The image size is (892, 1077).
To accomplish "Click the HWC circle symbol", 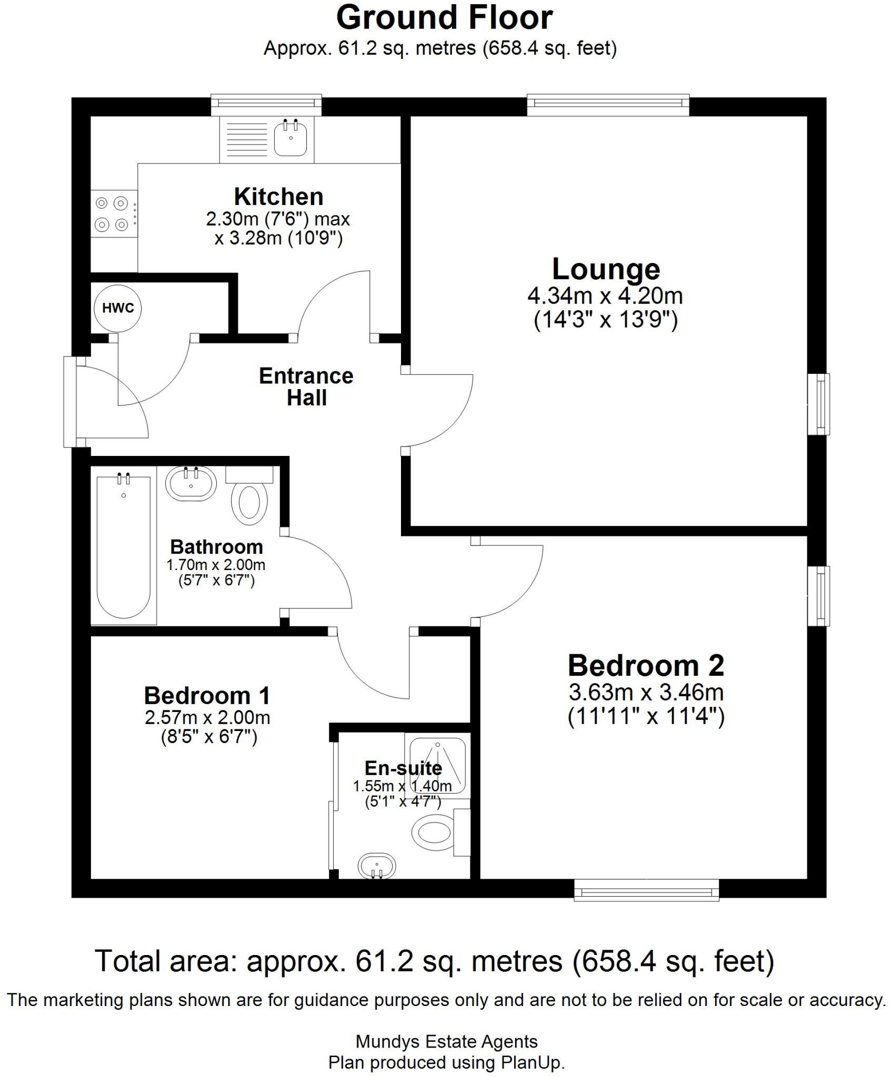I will pos(118,308).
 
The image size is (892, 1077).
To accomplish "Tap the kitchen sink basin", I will pos(290,138).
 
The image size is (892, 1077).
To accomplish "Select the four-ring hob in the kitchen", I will pos(112,214).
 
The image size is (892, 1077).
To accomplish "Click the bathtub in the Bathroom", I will pos(124,547).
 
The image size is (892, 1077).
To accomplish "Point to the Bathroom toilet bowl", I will pos(249,504).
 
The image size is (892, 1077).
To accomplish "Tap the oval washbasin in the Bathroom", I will pos(191,483).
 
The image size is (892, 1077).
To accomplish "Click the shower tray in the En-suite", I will pos(437,765).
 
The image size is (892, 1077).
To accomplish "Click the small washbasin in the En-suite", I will pos(376,865).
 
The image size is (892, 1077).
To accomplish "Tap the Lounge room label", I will pos(606,269).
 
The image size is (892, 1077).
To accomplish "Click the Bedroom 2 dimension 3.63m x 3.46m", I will pos(646,693).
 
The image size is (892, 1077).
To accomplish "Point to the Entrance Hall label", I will pos(306,387).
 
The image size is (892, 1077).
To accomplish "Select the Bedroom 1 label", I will pos(207,696).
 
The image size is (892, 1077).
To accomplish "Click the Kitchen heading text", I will pos(278,197).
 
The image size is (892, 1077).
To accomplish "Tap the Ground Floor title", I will pos(445,18).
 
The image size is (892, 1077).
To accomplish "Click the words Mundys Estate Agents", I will pos(446,1041).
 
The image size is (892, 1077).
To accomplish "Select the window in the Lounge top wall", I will pos(608,104).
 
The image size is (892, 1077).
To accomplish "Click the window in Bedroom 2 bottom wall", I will pos(646,891).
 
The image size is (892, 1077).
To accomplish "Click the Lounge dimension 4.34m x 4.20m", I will pos(605,296).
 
